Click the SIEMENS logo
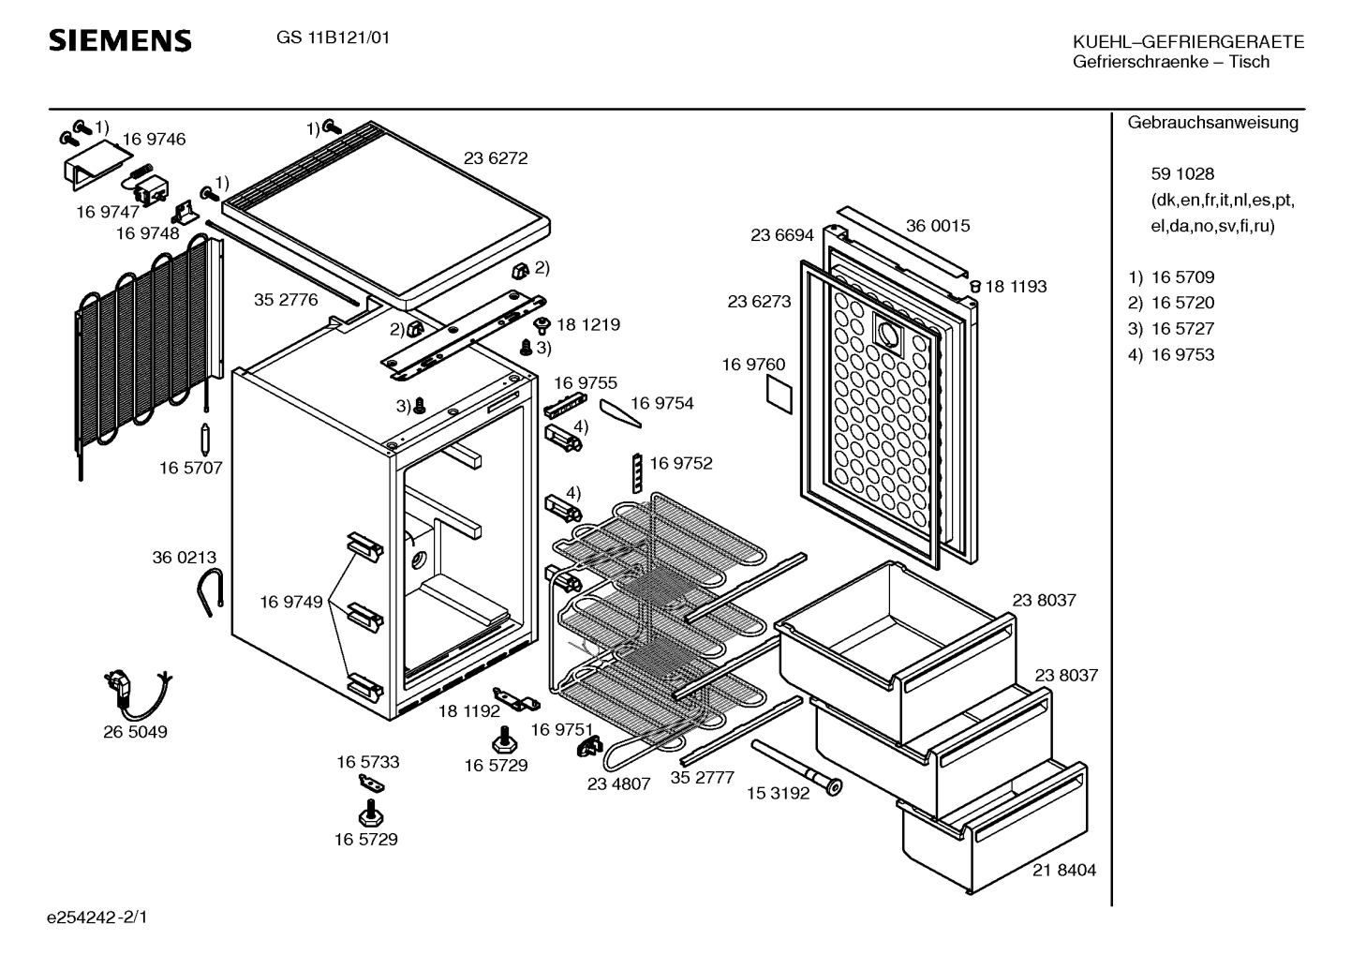[120, 40]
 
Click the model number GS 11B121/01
[334, 38]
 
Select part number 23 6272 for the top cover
[496, 158]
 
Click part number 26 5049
[135, 732]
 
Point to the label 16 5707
[191, 468]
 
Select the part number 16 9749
[290, 602]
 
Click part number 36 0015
[938, 226]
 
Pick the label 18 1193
[1016, 287]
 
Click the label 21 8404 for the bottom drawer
[1064, 871]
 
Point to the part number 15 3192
[777, 794]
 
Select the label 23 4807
[618, 784]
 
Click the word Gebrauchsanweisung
[1212, 123]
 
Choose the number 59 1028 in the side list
[1182, 174]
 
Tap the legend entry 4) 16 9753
[1171, 354]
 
